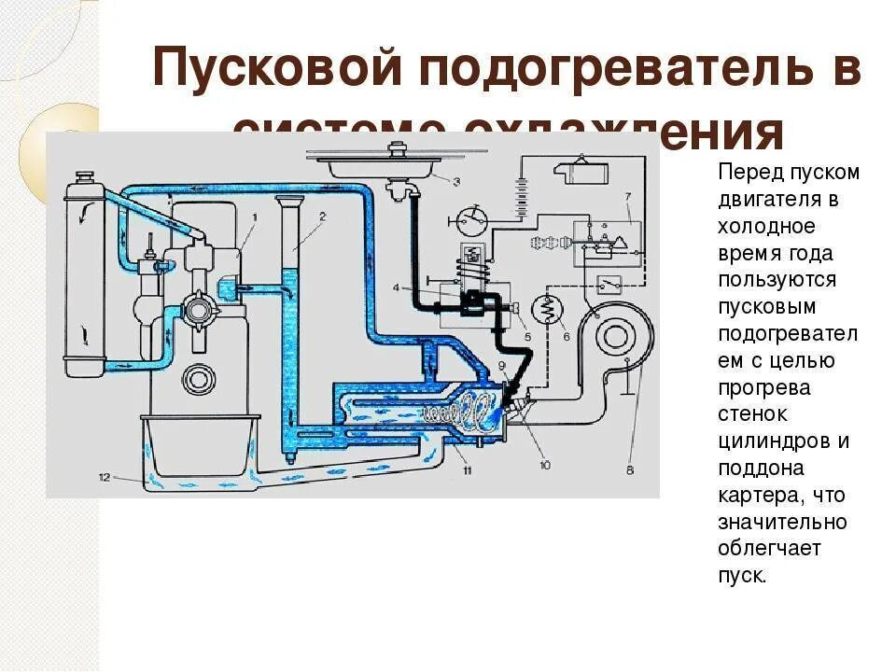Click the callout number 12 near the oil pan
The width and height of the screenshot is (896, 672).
tap(105, 477)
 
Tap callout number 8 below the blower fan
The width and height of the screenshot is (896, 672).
tap(629, 470)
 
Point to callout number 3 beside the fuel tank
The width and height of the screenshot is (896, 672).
tap(456, 181)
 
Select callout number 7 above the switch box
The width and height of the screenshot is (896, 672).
tap(628, 195)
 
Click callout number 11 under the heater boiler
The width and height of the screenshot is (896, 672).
tap(467, 469)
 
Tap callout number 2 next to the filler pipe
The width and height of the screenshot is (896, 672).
tap(321, 217)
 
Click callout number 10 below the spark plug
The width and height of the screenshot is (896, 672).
tap(544, 463)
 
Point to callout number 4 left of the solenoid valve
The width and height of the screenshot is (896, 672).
tap(396, 287)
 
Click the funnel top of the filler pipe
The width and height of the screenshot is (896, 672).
tap(288, 203)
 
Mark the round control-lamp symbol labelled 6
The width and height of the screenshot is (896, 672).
tap(545, 307)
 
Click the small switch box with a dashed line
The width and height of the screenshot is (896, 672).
tap(612, 284)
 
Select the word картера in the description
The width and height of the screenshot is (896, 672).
tap(759, 494)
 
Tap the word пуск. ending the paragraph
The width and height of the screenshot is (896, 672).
tap(742, 575)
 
